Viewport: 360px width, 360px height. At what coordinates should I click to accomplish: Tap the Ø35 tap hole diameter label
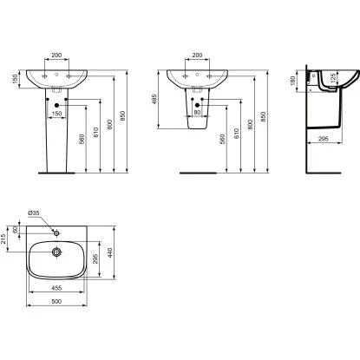click(34, 213)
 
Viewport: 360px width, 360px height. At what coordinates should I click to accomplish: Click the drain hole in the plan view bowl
click(56, 252)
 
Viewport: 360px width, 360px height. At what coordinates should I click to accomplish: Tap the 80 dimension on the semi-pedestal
click(198, 112)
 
